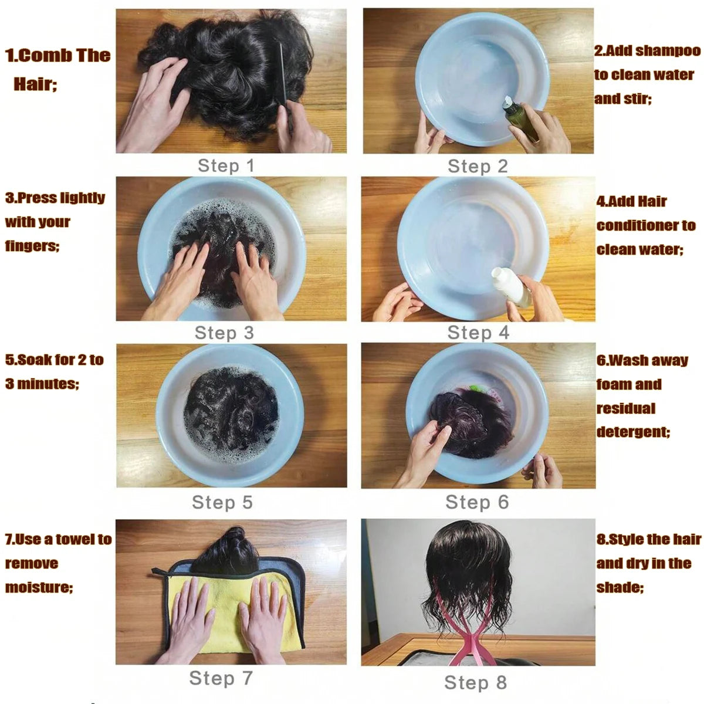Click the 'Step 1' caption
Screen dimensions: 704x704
(226, 166)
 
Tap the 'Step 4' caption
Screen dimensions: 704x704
(478, 333)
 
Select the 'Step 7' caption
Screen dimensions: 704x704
(221, 678)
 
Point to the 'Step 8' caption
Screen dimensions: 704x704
(475, 682)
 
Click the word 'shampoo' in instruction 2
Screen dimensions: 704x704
(668, 51)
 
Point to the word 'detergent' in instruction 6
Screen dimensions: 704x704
(632, 432)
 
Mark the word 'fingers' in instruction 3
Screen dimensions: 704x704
(31, 246)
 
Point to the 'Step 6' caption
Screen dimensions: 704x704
(476, 502)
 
